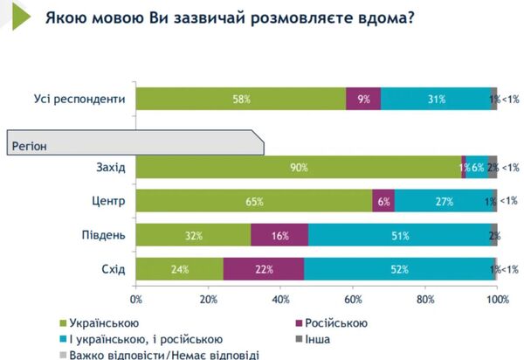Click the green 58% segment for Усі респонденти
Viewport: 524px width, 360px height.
click(x=241, y=100)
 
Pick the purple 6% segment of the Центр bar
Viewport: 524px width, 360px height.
click(x=383, y=201)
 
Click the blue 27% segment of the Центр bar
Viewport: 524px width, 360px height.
click(x=443, y=201)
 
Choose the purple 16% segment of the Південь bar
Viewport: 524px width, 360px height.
click(x=279, y=236)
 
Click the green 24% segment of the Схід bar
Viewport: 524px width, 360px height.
click(x=179, y=269)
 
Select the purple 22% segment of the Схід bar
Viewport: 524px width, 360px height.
click(x=264, y=269)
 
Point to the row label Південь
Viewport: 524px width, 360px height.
click(x=104, y=236)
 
